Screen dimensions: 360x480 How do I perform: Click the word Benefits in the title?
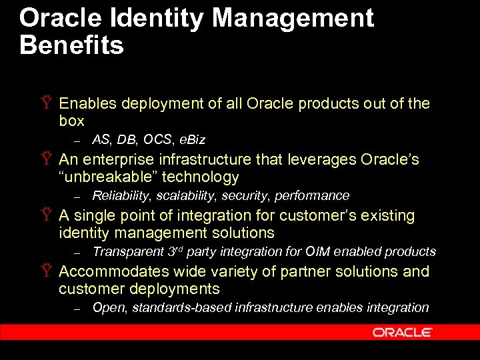[71, 46]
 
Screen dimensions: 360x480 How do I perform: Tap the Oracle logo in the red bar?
[402, 332]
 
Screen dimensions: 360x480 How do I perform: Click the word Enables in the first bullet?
[88, 103]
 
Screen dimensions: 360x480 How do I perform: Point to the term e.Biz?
[191, 140]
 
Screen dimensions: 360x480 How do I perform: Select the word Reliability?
[119, 196]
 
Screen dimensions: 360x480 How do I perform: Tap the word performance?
[317, 196]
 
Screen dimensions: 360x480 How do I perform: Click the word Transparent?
[127, 252]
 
